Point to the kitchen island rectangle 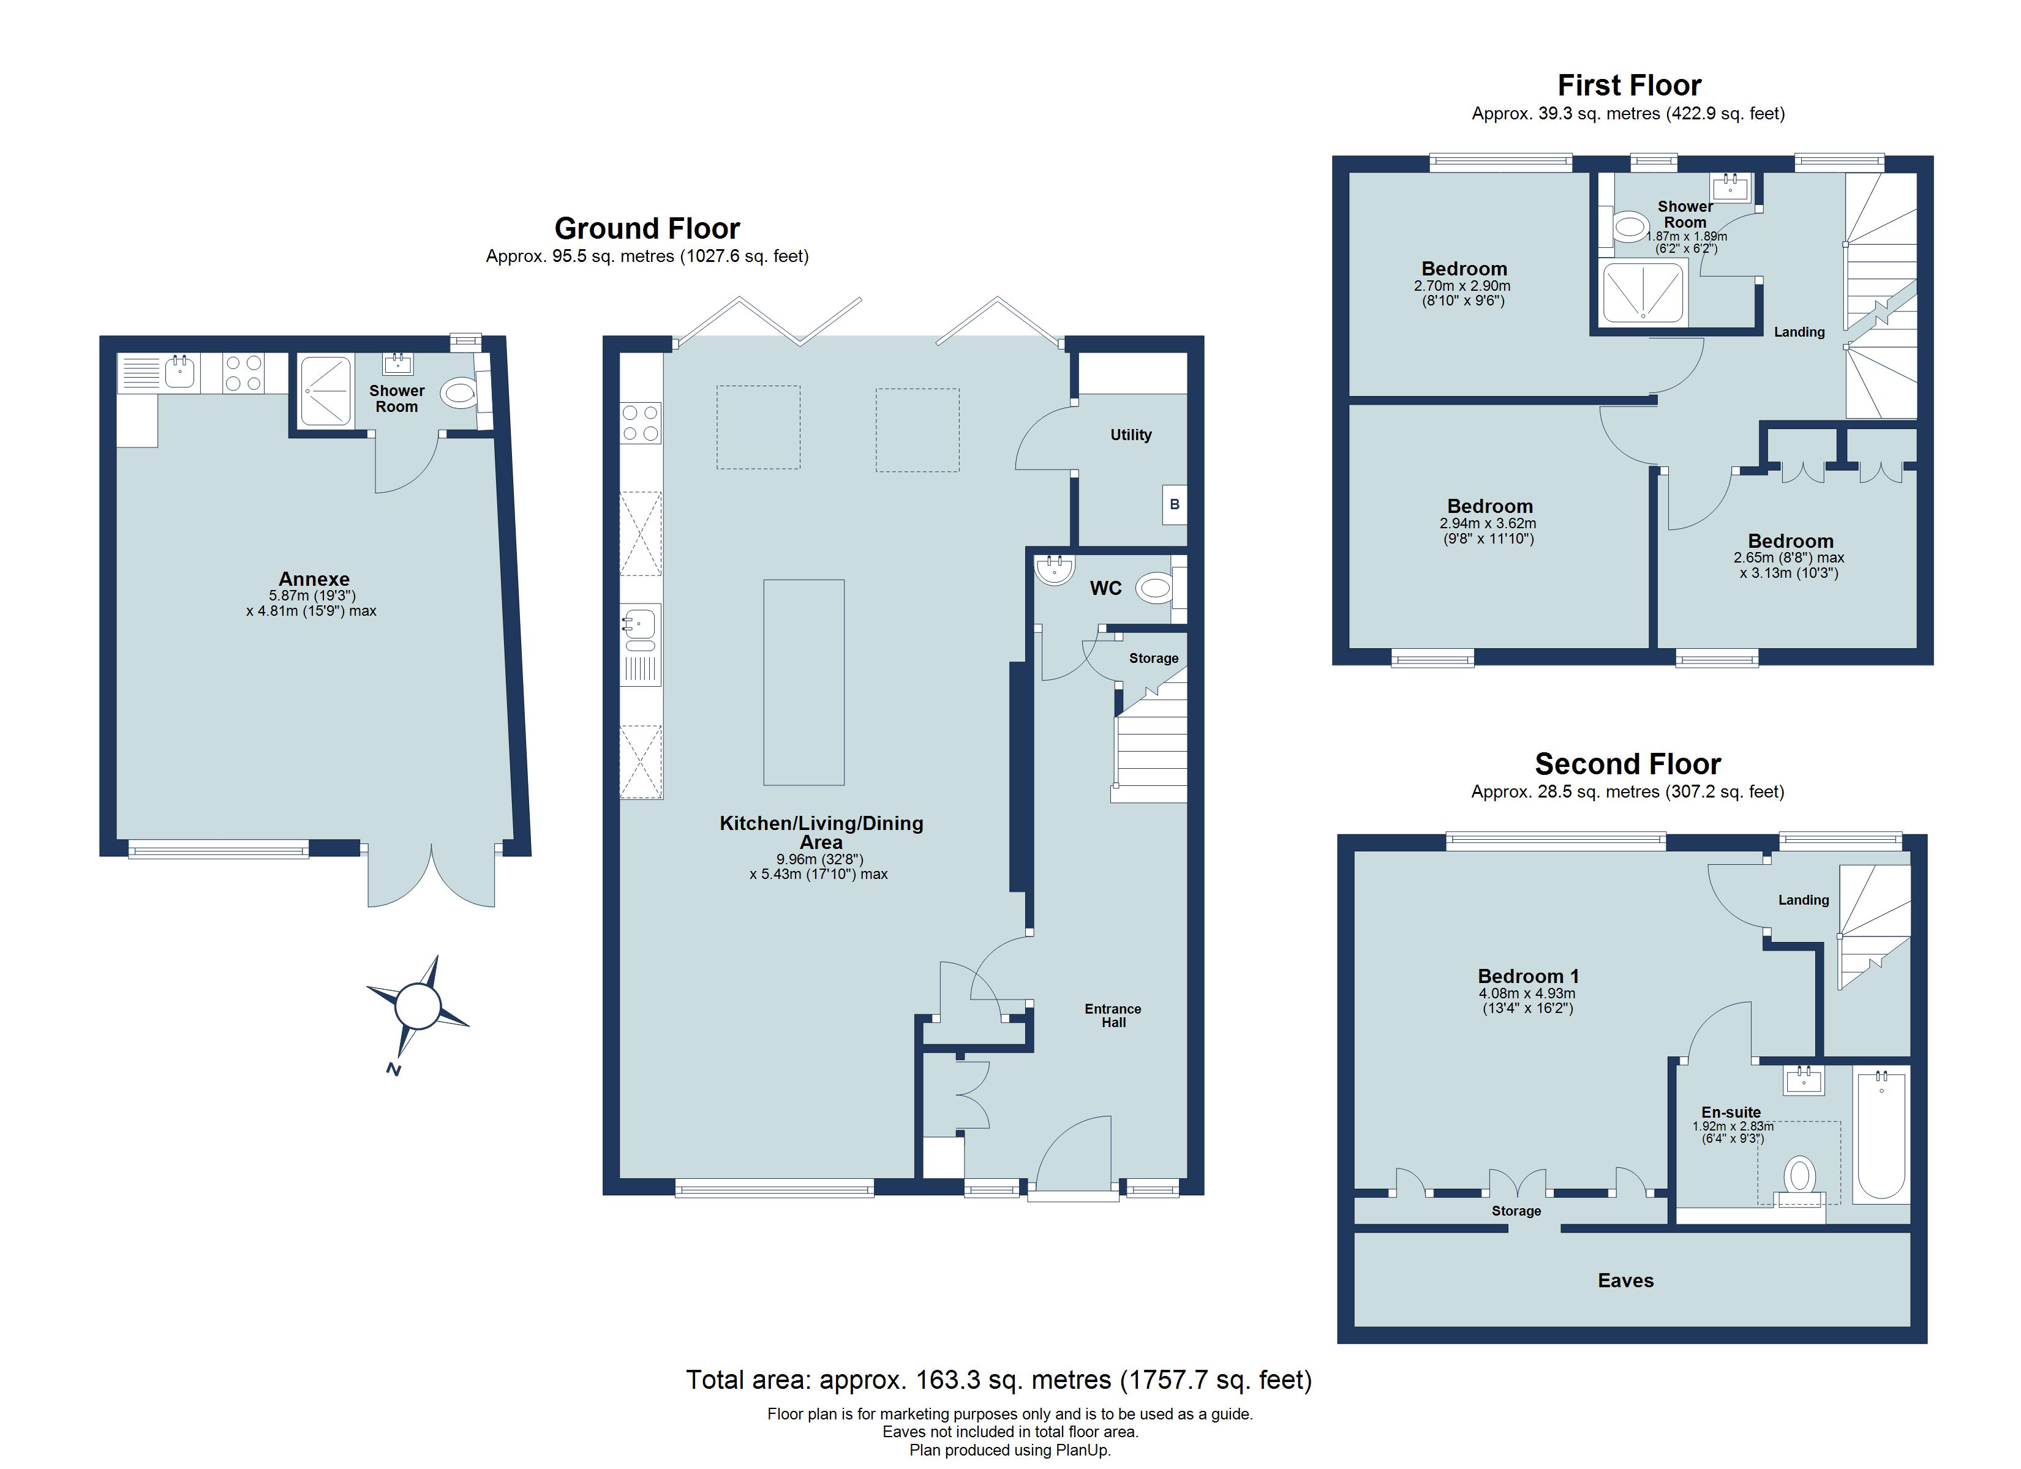803,682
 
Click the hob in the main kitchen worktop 641,423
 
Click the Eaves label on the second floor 1625,1281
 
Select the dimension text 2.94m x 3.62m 1489,524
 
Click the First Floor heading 1629,86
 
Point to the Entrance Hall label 1112,1015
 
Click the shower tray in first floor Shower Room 1643,291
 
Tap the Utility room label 1130,435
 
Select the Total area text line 998,1380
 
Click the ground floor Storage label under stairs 1153,659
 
